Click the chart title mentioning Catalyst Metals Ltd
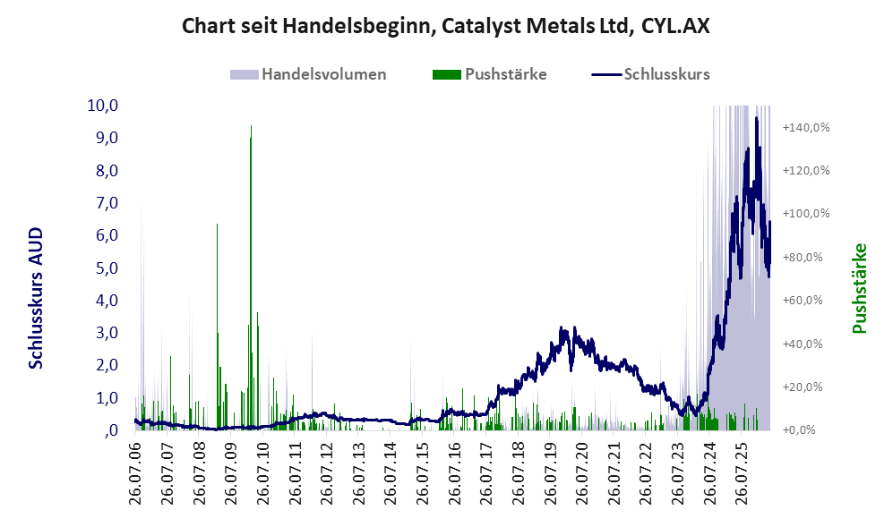tap(446, 26)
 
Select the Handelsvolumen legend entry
tap(308, 74)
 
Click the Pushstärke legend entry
tap(490, 74)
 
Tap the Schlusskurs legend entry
tap(651, 74)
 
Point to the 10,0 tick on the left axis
tap(102, 106)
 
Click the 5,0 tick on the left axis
tap(107, 268)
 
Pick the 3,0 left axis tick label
tap(107, 332)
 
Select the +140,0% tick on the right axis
tap(806, 127)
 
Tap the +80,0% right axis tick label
tap(803, 257)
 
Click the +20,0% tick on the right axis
tap(803, 387)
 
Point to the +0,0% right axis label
tap(799, 429)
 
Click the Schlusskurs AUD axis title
tap(36, 298)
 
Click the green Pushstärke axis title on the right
tap(859, 288)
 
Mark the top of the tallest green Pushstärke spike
tap(251, 126)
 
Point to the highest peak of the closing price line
tap(756, 118)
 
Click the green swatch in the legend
tap(446, 74)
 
